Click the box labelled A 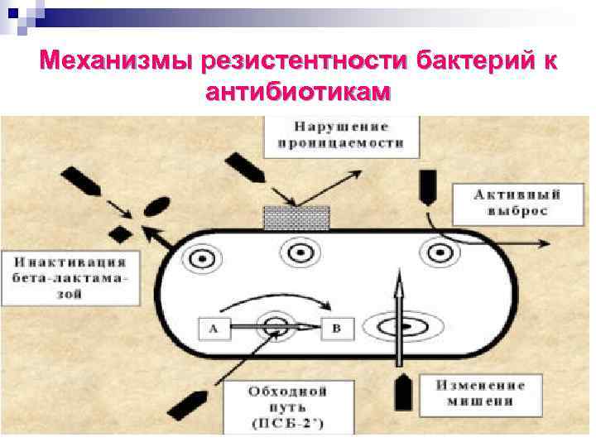[x=214, y=329]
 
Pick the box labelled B [x=336, y=329]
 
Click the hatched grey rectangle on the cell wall [x=296, y=218]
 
